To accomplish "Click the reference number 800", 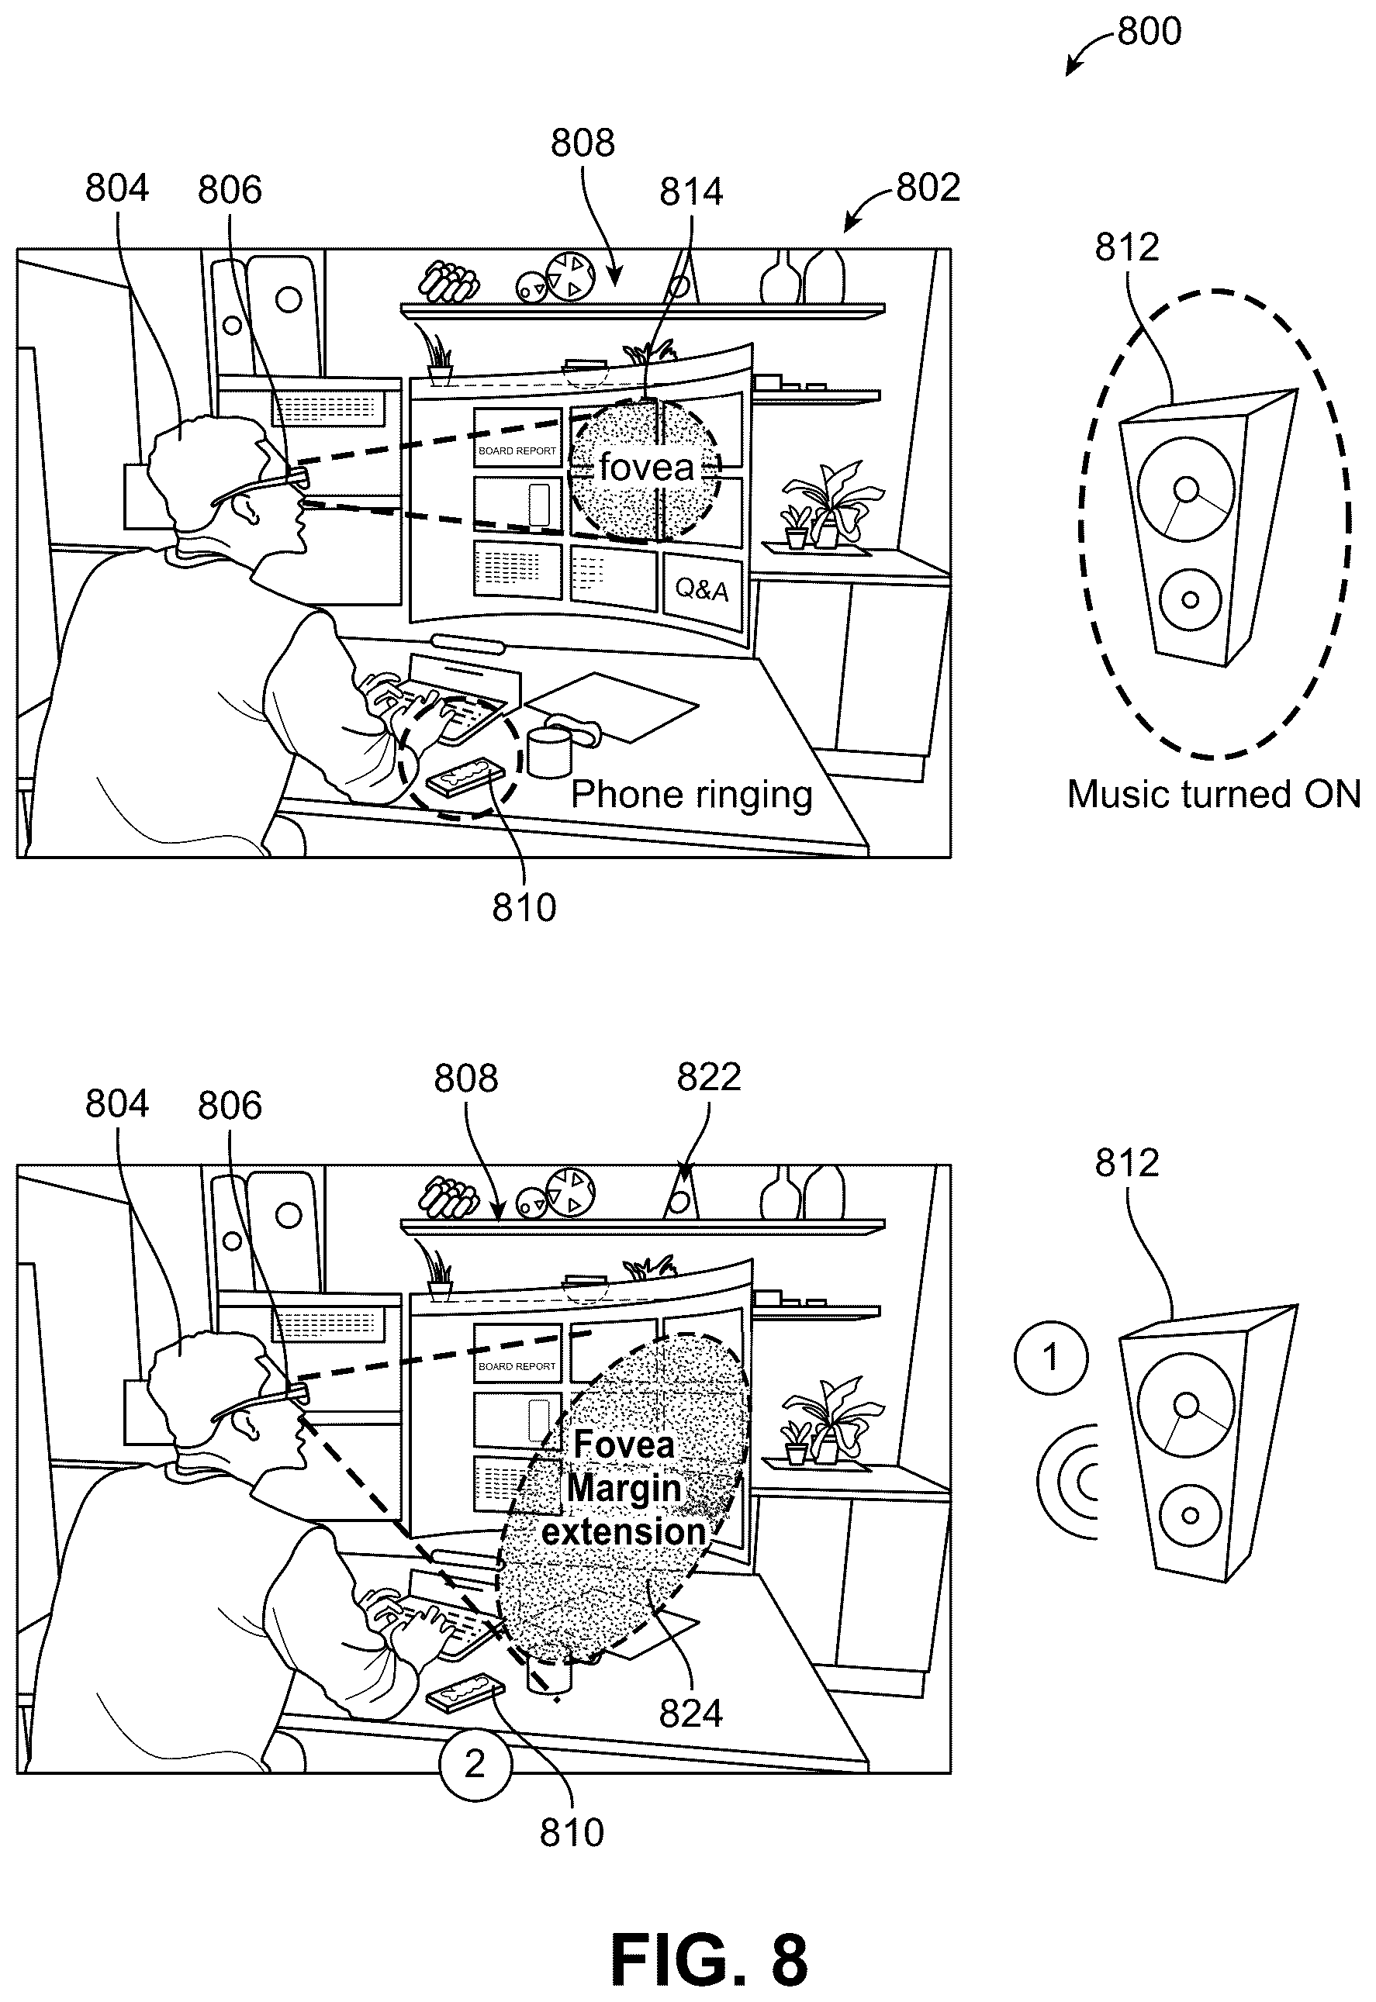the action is (x=1150, y=31).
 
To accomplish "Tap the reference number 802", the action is (x=928, y=187).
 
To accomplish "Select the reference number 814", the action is (x=691, y=192).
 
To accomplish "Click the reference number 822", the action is (x=709, y=1076).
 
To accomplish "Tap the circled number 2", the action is (x=475, y=1763).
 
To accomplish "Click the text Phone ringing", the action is (x=691, y=795).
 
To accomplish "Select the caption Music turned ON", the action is (x=1214, y=794).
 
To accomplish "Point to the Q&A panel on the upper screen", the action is (x=702, y=590).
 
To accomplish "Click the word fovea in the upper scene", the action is (x=647, y=468).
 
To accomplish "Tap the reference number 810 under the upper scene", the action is (x=524, y=907).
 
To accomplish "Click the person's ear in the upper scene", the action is (x=249, y=513).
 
